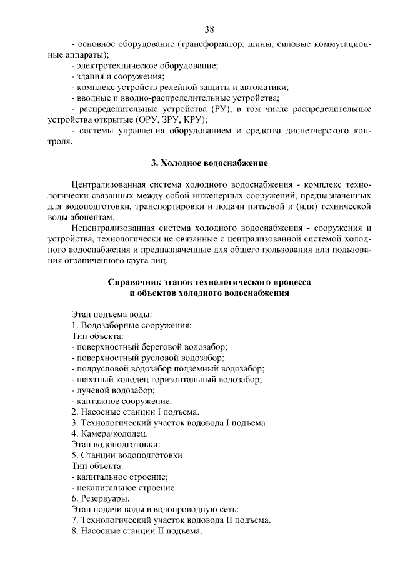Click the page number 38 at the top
[209, 30]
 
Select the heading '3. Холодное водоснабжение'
[209, 163]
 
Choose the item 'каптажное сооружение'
[123, 400]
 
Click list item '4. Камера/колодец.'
[109, 433]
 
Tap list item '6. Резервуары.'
[101, 498]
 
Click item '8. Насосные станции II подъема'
[137, 530]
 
